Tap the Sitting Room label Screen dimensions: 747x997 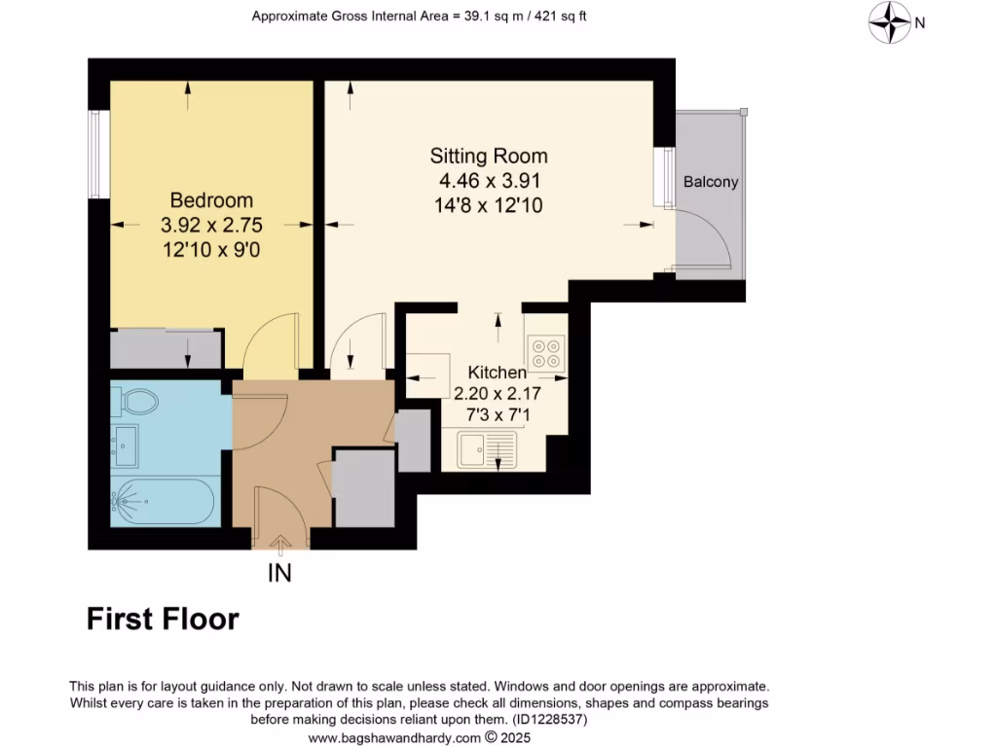point(490,156)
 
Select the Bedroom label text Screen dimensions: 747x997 point(211,200)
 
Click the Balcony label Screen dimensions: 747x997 point(711,182)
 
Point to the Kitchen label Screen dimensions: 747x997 point(498,373)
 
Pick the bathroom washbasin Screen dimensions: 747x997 point(124,445)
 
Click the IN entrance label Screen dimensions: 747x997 point(279,574)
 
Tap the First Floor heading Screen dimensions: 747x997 point(163,619)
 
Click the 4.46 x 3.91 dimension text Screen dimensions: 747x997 point(490,181)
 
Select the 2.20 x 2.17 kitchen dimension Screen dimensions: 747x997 point(498,394)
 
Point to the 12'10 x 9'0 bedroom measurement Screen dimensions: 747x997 point(211,249)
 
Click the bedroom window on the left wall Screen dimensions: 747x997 point(95,154)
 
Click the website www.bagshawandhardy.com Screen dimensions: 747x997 point(394,737)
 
